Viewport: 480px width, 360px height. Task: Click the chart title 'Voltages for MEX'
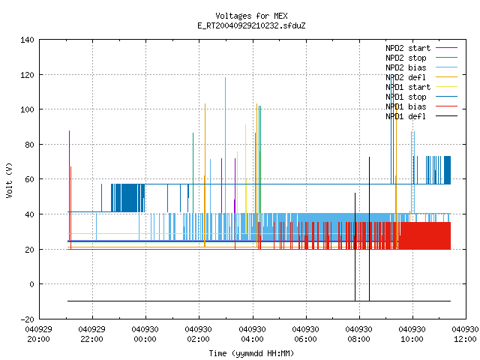[251, 16]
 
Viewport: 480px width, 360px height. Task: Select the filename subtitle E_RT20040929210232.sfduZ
[251, 25]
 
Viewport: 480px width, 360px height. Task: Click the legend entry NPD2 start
[408, 48]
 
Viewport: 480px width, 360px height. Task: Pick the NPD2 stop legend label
[406, 58]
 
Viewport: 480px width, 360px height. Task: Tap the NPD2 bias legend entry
[406, 67]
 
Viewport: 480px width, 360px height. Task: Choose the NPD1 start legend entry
[408, 87]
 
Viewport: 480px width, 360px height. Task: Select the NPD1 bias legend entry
[406, 106]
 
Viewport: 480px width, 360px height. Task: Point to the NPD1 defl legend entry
[406, 116]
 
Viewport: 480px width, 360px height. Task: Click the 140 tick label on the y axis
[27, 40]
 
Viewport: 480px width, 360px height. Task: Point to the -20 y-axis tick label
[27, 319]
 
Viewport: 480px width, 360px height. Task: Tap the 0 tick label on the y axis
[31, 284]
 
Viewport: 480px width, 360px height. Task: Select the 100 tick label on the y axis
[27, 109]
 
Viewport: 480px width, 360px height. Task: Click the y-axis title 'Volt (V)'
[9, 180]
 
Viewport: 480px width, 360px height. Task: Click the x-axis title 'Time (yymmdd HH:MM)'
[251, 353]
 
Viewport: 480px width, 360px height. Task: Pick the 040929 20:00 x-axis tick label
[38, 334]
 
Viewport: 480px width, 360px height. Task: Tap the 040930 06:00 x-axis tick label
[305, 334]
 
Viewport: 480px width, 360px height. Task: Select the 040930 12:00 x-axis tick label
[465, 334]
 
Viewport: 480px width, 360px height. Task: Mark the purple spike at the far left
[69, 186]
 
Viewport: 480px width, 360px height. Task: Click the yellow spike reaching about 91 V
[245, 179]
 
